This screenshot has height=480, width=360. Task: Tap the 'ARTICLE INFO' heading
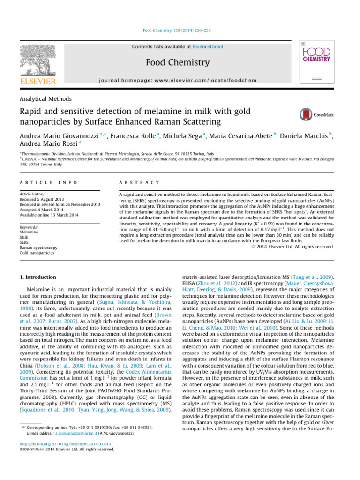coord(48,182)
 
